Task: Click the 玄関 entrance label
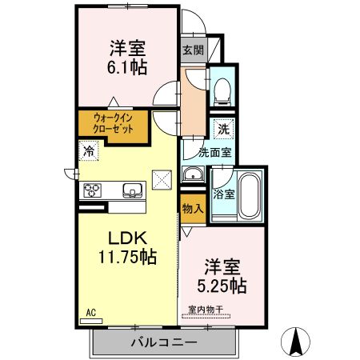pyautogui.click(x=192, y=50)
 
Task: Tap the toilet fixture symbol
pyautogui.click(x=222, y=88)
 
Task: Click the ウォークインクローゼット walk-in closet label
pyautogui.click(x=112, y=124)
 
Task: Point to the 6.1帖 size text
pyautogui.click(x=128, y=68)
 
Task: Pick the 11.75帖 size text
pyautogui.click(x=126, y=258)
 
